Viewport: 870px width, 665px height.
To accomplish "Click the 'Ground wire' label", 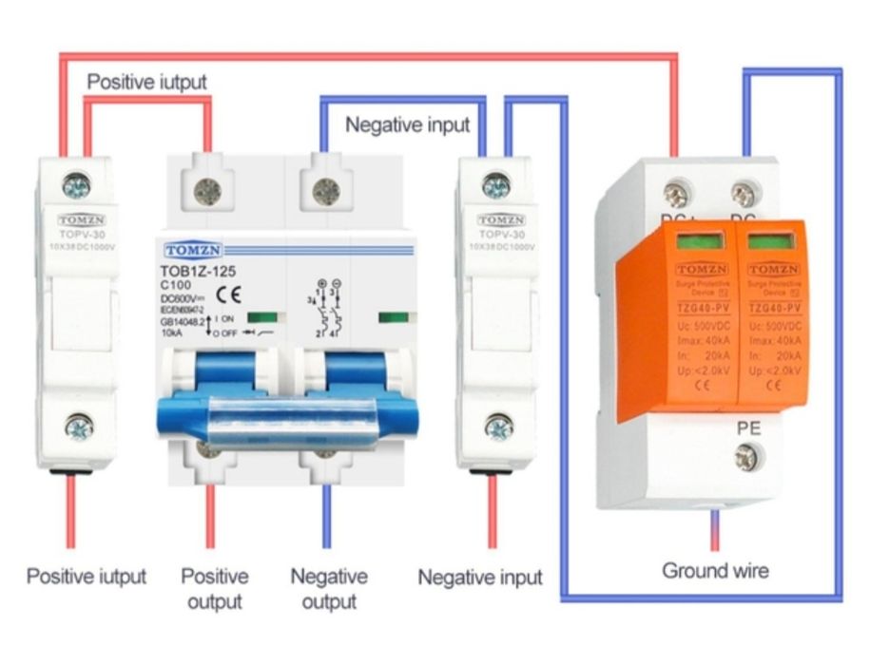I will click(715, 571).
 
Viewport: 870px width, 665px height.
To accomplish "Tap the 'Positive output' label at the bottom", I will click(215, 589).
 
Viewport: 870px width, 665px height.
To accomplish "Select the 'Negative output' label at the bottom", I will click(328, 589).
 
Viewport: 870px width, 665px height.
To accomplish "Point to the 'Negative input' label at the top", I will click(407, 124).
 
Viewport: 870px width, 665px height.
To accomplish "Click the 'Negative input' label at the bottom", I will click(480, 577).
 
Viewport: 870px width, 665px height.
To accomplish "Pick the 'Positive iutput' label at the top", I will click(146, 82).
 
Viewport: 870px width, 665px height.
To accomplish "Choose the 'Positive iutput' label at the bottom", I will click(87, 577).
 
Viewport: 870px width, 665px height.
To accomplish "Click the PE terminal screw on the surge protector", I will click(746, 459).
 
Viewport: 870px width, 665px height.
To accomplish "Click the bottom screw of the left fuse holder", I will click(79, 428).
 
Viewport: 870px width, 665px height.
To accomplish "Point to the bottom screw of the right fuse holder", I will click(498, 428).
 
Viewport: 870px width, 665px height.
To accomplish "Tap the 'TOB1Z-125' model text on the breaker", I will click(198, 271).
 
